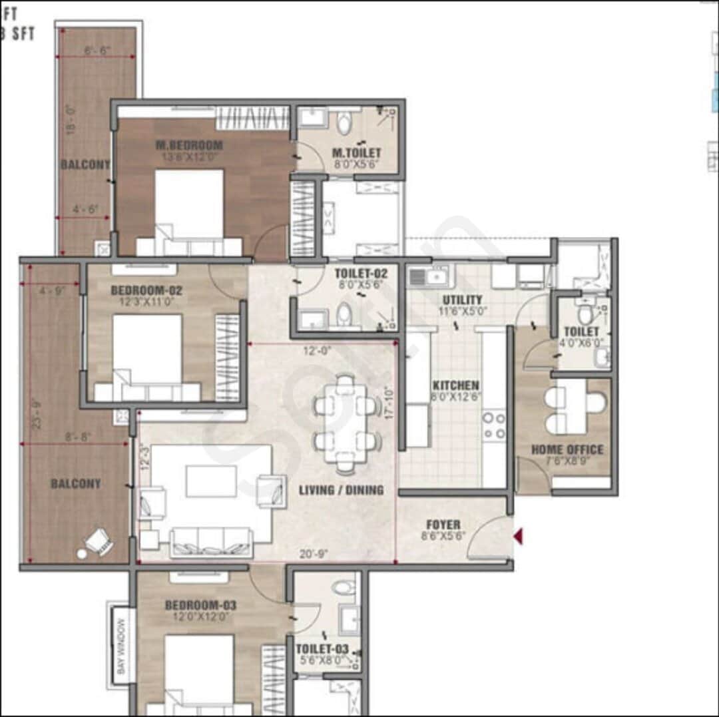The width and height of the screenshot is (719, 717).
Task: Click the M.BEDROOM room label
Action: pyautogui.click(x=190, y=145)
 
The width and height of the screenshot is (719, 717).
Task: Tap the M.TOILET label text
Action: pyautogui.click(x=357, y=154)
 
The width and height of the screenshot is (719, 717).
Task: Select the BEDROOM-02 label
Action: pyautogui.click(x=146, y=290)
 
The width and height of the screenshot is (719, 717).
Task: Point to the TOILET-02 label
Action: pyautogui.click(x=361, y=273)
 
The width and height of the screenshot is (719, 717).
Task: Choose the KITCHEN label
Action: pyautogui.click(x=456, y=385)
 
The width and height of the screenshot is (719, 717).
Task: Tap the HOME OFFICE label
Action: pyautogui.click(x=567, y=449)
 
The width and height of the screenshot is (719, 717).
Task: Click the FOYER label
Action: pyautogui.click(x=443, y=525)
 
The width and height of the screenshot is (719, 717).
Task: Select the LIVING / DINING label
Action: pyautogui.click(x=341, y=490)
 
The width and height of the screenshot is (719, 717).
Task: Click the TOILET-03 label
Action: pyautogui.click(x=322, y=648)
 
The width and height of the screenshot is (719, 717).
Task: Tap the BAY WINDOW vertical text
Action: pyautogui.click(x=121, y=646)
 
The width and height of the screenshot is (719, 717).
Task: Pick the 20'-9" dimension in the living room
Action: pyautogui.click(x=314, y=553)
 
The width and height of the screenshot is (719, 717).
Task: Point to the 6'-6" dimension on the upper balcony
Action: pyautogui.click(x=98, y=51)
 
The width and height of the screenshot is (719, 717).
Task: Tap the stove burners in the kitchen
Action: pyautogui.click(x=494, y=426)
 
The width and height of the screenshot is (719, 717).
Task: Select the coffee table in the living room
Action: pyautogui.click(x=211, y=481)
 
